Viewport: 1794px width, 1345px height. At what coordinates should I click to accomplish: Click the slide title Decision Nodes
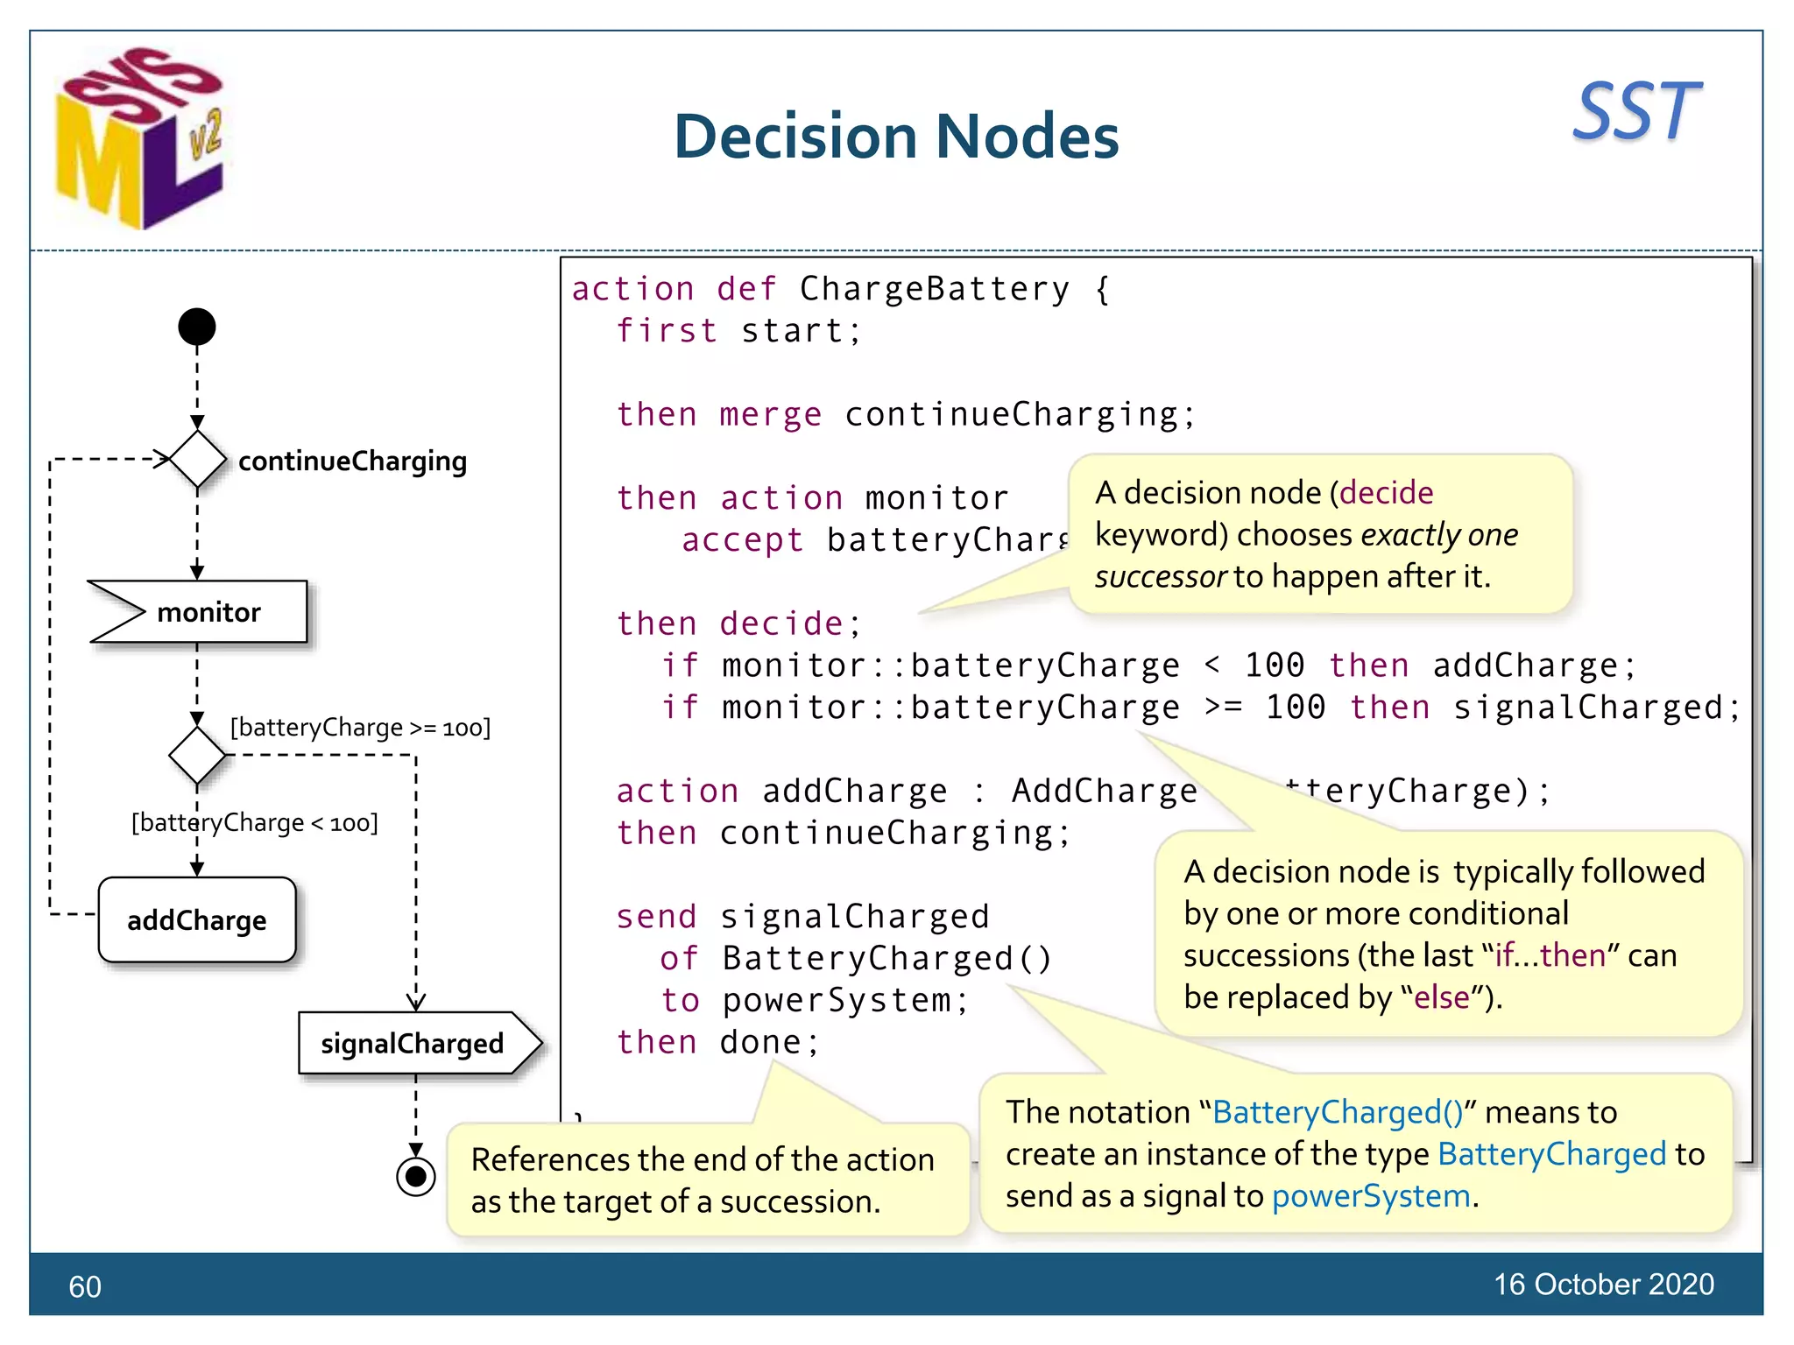pyautogui.click(x=895, y=137)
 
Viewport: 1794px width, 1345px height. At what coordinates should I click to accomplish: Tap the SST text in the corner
pyautogui.click(x=1635, y=111)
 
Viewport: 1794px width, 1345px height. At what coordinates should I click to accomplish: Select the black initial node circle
pyautogui.click(x=197, y=327)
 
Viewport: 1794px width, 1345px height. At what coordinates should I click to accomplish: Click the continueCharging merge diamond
pyautogui.click(x=197, y=459)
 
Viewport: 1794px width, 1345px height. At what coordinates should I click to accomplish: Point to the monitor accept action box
pyautogui.click(x=199, y=611)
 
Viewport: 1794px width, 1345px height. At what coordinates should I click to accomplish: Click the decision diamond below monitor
pyautogui.click(x=197, y=755)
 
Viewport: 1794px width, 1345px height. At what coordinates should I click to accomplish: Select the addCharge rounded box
pyautogui.click(x=197, y=919)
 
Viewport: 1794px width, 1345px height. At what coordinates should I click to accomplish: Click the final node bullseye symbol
pyautogui.click(x=416, y=1176)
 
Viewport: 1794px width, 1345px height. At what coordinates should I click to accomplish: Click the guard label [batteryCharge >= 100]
pyautogui.click(x=360, y=728)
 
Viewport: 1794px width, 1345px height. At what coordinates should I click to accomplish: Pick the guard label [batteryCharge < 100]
pyautogui.click(x=255, y=823)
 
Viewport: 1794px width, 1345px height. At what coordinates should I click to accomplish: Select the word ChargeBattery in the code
pyautogui.click(x=934, y=289)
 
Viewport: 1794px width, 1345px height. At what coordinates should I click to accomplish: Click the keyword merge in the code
pyautogui.click(x=770, y=414)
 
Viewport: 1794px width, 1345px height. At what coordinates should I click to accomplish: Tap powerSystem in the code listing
pyautogui.click(x=837, y=1000)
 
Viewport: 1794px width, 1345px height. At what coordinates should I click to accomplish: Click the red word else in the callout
pyautogui.click(x=1441, y=997)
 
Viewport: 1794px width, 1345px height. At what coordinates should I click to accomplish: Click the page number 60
pyautogui.click(x=85, y=1286)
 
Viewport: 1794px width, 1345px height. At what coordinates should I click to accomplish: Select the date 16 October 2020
pyautogui.click(x=1603, y=1284)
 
